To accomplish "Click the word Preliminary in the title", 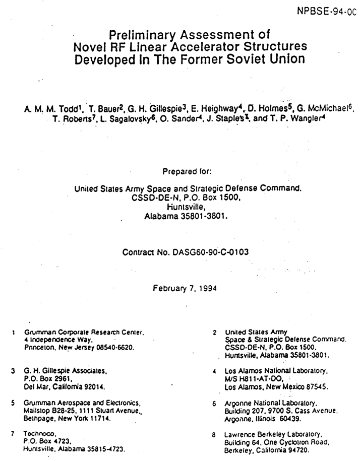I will pyautogui.click(x=146, y=35).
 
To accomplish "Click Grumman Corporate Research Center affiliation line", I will pyautogui.click(x=84, y=332).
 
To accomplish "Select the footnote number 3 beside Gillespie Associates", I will pyautogui.click(x=13, y=370).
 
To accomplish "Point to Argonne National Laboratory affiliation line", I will pyautogui.click(x=271, y=404).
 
